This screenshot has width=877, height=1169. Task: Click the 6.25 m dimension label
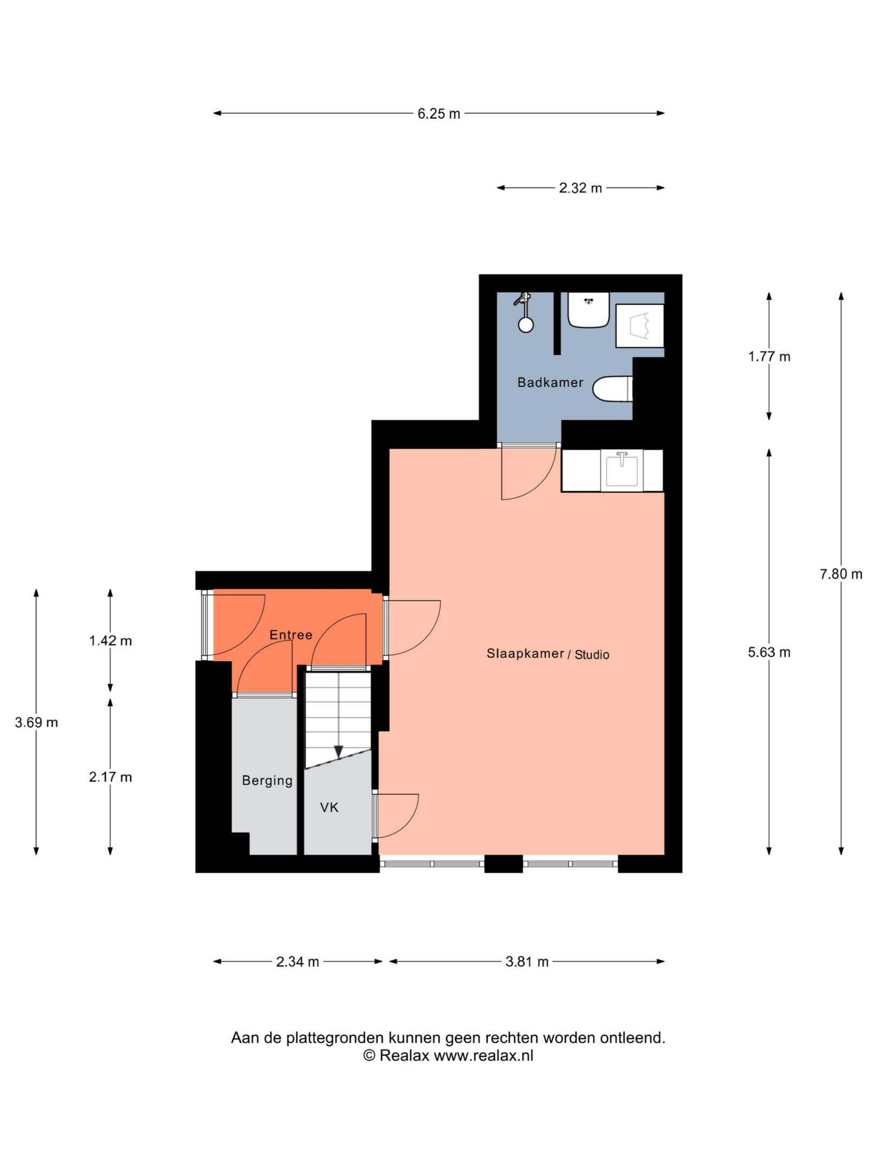pos(439,114)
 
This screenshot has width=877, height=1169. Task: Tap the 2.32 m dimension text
pos(580,188)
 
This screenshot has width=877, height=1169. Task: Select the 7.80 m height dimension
pos(841,574)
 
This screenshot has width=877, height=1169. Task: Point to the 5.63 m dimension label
pos(769,652)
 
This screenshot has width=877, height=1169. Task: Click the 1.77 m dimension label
pos(769,356)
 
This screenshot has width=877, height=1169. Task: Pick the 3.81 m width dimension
pos(527,962)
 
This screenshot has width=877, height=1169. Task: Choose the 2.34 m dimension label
pos(297,962)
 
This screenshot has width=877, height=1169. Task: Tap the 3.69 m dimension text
pos(36,723)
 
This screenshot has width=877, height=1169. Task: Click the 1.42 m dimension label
pos(110,641)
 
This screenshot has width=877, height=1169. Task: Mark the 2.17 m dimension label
pos(110,777)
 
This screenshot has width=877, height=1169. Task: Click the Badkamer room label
pos(550,383)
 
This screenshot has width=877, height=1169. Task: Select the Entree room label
pos(291,635)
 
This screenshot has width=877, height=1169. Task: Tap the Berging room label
pos(267,780)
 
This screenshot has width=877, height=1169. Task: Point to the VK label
pos(329,807)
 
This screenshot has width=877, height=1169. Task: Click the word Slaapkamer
pos(525,653)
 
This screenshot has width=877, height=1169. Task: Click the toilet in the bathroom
pos(612,389)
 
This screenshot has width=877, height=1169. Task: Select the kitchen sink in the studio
pos(622,470)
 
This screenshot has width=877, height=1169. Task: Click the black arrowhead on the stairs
pos(338,752)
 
